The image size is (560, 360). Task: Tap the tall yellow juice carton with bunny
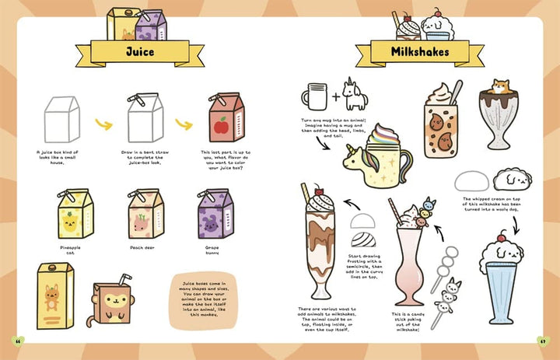click(x=54, y=295)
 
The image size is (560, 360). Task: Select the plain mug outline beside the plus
click(x=315, y=99)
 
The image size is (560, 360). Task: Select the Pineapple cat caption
click(x=69, y=250)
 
